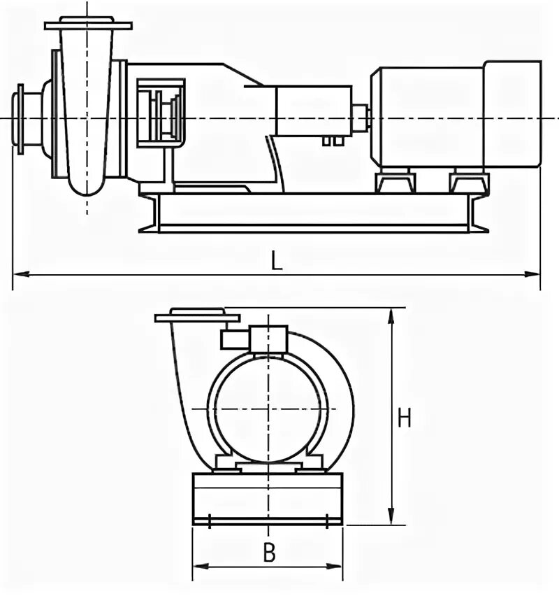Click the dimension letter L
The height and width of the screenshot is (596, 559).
[x=277, y=260]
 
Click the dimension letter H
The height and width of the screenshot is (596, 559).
[x=405, y=418]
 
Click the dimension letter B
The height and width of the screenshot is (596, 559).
[x=269, y=553]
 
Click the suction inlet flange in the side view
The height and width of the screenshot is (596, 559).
[x=20, y=119]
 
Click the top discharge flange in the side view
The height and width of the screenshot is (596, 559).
[x=88, y=25]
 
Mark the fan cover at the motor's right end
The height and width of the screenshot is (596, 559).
[x=512, y=115]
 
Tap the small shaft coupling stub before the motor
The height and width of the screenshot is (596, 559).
[x=361, y=117]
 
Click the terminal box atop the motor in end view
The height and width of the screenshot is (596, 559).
[x=269, y=339]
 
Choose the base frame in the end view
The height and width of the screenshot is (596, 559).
[x=268, y=499]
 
